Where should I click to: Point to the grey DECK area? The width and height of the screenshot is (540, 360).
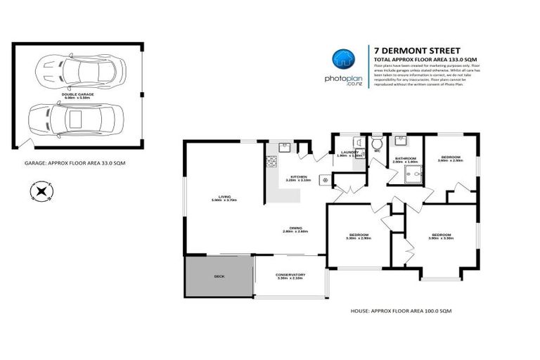point(218,276)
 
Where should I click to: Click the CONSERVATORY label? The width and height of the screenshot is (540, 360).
point(290,275)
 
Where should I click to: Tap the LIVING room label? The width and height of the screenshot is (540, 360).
point(224,197)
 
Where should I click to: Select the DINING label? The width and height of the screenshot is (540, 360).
point(296,228)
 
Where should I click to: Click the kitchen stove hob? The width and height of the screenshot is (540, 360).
point(271,164)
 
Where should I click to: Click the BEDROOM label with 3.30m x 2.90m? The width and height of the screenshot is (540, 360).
point(359,235)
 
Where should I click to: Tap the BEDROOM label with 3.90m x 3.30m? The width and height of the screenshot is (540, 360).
point(441,235)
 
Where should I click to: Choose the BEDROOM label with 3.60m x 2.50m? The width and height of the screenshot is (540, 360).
point(450,157)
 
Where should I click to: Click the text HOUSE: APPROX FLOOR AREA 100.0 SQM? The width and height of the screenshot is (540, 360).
point(400,310)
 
